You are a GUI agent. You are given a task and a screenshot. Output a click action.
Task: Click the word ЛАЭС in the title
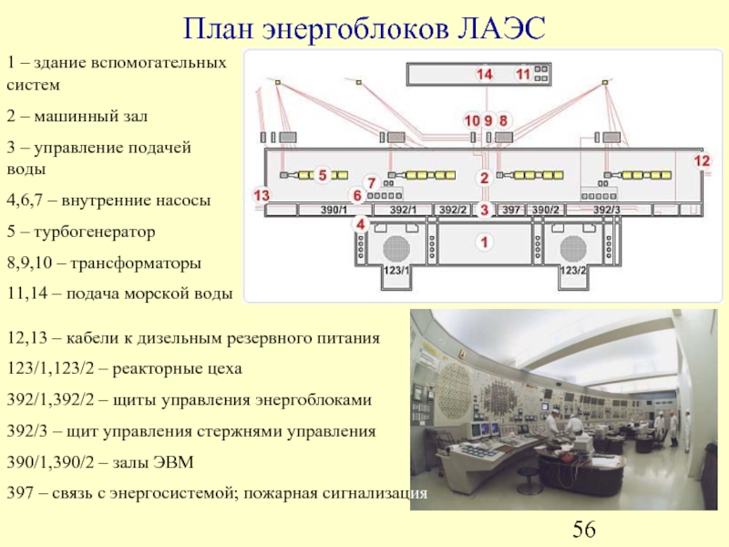(x=498, y=29)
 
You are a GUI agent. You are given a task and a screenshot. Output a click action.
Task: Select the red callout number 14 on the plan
(x=483, y=74)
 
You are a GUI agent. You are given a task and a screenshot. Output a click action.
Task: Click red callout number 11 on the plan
(x=523, y=74)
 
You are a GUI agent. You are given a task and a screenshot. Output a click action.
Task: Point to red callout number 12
(x=701, y=160)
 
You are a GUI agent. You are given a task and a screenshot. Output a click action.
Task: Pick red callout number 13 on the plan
(x=262, y=195)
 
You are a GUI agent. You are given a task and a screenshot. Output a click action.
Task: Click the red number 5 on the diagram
(x=322, y=173)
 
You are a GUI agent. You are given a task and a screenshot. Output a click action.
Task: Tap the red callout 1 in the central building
(x=484, y=243)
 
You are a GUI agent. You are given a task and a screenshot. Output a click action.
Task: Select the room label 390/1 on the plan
(x=334, y=211)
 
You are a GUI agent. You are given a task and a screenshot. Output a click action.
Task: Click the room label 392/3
(x=606, y=211)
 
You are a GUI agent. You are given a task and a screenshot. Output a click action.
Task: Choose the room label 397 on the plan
(x=511, y=211)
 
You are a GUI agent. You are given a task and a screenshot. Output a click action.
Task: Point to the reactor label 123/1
(x=395, y=272)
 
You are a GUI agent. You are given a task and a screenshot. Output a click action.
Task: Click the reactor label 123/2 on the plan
(x=573, y=272)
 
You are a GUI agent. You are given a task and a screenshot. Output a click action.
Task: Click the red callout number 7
(x=372, y=182)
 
